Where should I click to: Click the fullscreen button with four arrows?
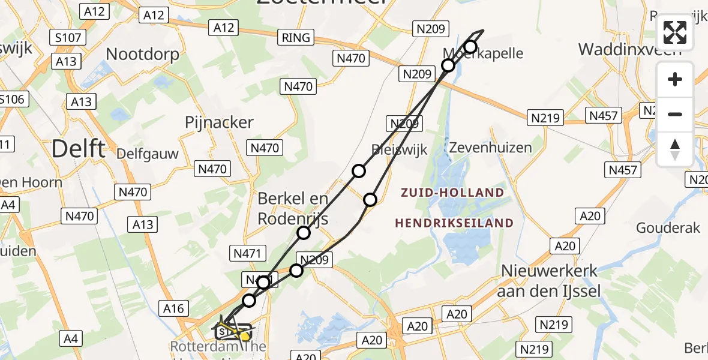675,32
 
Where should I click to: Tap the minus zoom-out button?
675,114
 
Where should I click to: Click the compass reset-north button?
675,149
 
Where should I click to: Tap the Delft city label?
78,148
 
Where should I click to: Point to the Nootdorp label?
142,55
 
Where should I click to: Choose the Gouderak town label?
668,227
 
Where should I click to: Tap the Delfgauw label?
148,154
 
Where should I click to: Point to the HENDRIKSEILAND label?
454,223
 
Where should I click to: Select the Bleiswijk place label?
399,149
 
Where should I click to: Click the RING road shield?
296,38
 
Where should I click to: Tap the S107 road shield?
65,38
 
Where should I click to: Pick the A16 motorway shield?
173,308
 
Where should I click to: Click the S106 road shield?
12,99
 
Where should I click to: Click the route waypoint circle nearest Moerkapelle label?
470,47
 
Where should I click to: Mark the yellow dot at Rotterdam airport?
245,337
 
